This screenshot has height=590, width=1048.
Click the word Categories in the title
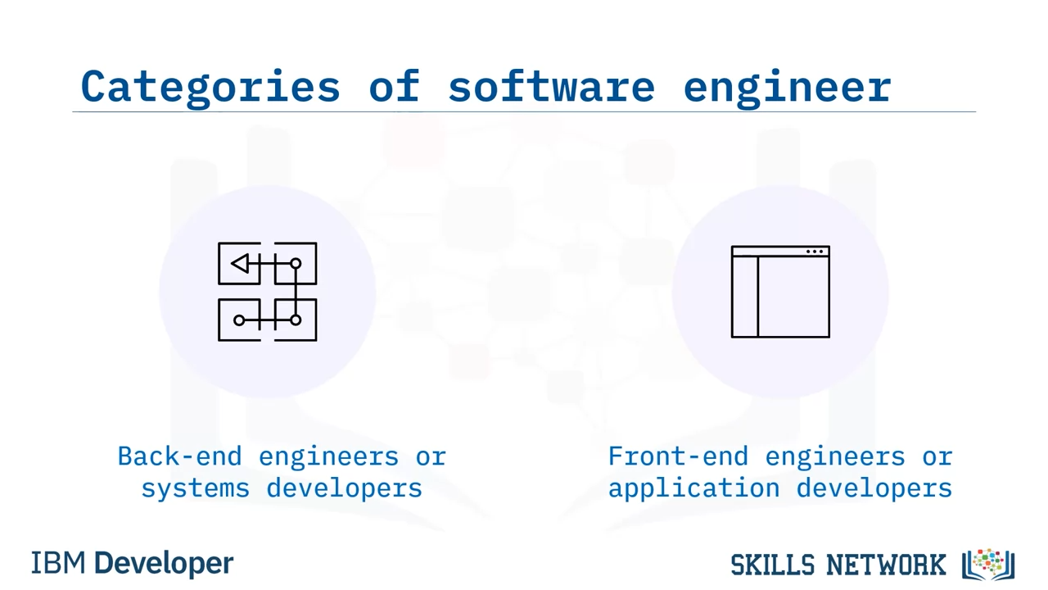pyautogui.click(x=210, y=88)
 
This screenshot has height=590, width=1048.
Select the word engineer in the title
pyautogui.click(x=788, y=88)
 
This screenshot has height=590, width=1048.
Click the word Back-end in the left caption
pyautogui.click(x=179, y=456)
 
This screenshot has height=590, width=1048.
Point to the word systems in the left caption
pyautogui.click(x=196, y=489)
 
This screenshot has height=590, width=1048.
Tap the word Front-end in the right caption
pyautogui.click(x=679, y=456)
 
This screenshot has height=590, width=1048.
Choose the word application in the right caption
pyautogui.click(x=693, y=488)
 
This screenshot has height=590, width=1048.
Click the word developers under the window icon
pyautogui.click(x=874, y=488)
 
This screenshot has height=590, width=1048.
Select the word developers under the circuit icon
pyautogui.click(x=345, y=488)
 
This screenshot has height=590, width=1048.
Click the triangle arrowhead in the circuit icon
pyautogui.click(x=240, y=263)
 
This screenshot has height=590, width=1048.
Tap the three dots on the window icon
pyautogui.click(x=815, y=252)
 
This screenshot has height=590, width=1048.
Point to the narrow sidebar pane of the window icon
pyautogui.click(x=745, y=297)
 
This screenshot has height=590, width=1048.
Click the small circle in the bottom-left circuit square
pyautogui.click(x=239, y=320)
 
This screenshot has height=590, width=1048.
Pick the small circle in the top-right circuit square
pyautogui.click(x=296, y=264)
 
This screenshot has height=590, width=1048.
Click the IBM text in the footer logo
pyautogui.click(x=58, y=563)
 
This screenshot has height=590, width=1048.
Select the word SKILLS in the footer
pyautogui.click(x=772, y=565)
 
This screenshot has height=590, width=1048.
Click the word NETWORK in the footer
pyautogui.click(x=886, y=565)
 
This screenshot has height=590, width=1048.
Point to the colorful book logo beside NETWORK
pyautogui.click(x=988, y=565)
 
